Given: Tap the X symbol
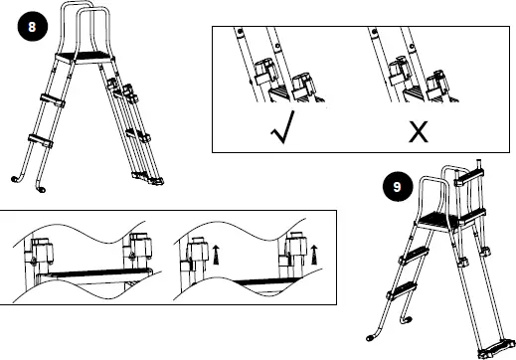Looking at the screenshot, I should click(x=418, y=130).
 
